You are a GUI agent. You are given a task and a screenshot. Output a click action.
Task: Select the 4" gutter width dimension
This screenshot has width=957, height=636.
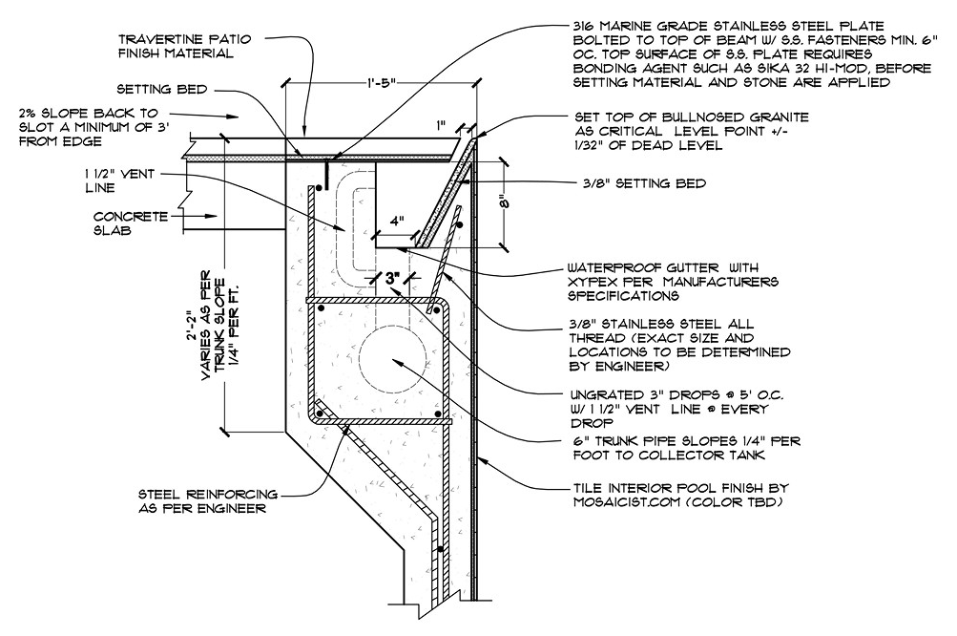[x=397, y=222]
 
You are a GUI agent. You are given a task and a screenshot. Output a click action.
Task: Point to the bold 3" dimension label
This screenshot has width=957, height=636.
[x=391, y=279]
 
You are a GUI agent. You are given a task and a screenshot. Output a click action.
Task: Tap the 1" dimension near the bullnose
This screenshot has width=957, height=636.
[x=441, y=126]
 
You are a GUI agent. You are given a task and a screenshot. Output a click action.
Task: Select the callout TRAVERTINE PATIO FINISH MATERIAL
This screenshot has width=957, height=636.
[x=184, y=47]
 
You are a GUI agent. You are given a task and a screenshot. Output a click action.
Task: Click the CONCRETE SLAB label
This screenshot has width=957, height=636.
[x=130, y=223]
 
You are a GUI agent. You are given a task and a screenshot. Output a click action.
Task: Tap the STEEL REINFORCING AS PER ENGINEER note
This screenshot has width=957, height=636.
[x=207, y=501]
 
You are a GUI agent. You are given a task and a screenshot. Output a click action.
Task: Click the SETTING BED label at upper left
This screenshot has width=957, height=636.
[x=162, y=89]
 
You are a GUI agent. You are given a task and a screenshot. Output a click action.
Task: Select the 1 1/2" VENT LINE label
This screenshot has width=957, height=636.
[x=119, y=180]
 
